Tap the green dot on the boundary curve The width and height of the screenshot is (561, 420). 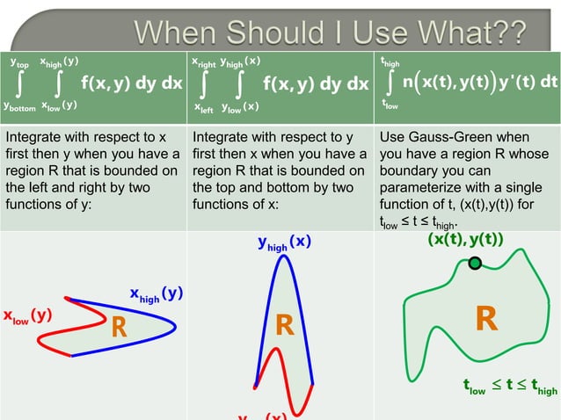pyautogui.click(x=476, y=263)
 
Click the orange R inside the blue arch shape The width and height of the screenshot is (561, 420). pyautogui.click(x=283, y=326)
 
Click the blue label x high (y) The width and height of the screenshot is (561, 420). pyautogui.click(x=156, y=294)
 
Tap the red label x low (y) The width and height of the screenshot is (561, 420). pyautogui.click(x=26, y=315)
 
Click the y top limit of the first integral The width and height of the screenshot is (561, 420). pyautogui.click(x=18, y=63)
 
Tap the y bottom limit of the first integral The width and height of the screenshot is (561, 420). pyautogui.click(x=18, y=106)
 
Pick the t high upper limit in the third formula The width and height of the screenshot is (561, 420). pyautogui.click(x=389, y=63)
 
